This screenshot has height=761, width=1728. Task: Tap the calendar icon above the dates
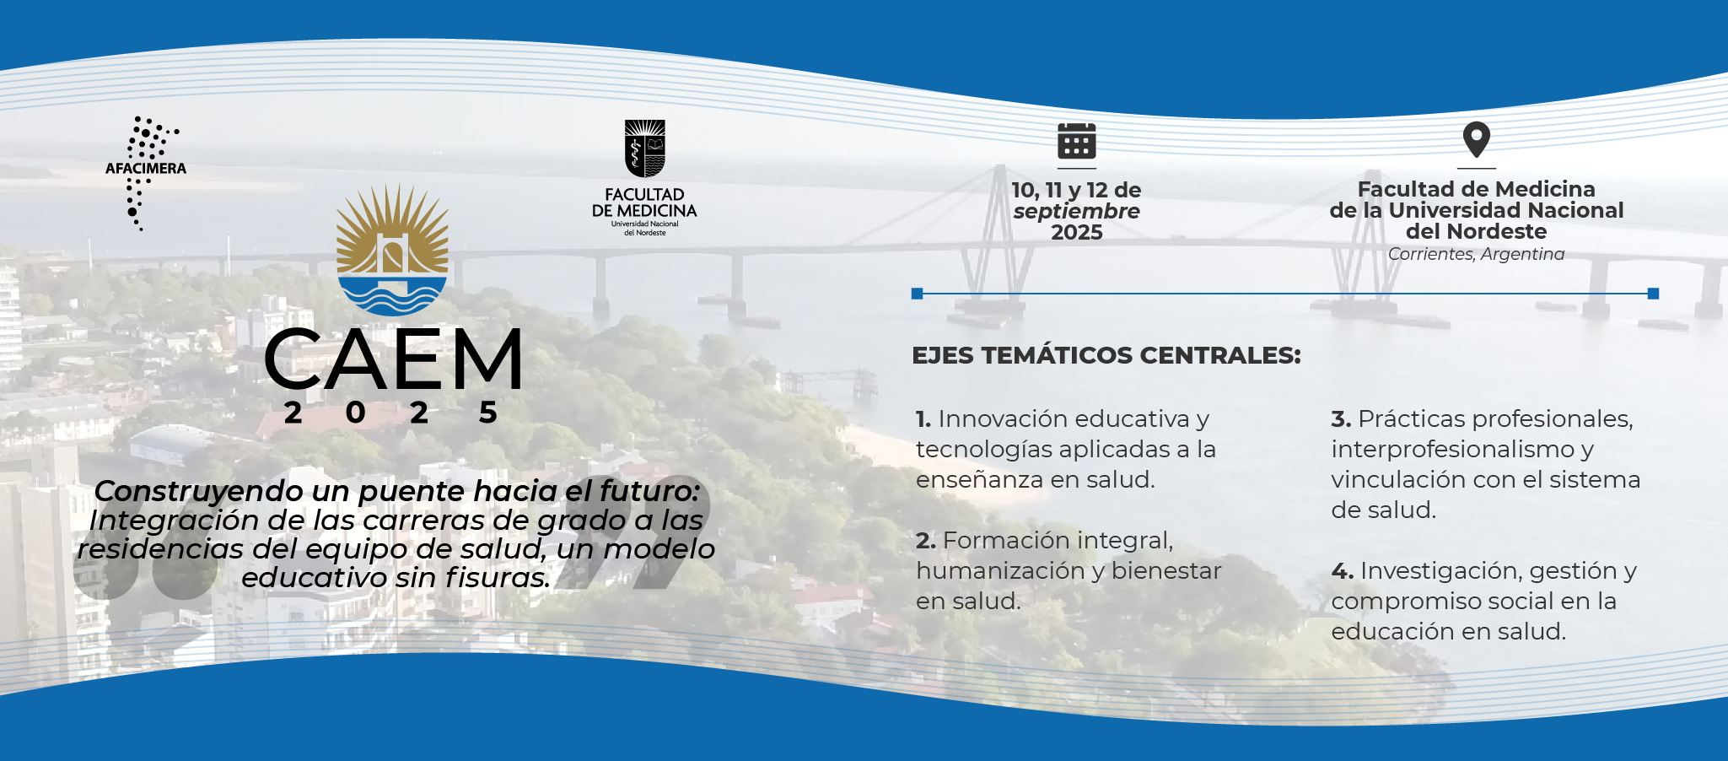[x=1077, y=140]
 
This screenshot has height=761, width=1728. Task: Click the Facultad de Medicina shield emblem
[x=645, y=148]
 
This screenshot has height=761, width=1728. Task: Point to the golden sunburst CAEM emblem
[x=392, y=250]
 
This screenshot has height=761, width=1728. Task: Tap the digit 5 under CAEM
[x=488, y=413]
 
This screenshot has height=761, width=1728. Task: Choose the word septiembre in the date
[x=1077, y=212]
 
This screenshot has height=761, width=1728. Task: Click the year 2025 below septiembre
[x=1077, y=233]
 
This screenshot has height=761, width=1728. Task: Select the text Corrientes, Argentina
[x=1476, y=254]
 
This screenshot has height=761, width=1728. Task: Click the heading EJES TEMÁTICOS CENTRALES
[x=1106, y=355]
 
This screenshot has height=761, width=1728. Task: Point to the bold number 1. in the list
[x=923, y=419]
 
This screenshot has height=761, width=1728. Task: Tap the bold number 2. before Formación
[x=926, y=541]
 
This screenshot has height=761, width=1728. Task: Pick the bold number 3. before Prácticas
[x=1342, y=419]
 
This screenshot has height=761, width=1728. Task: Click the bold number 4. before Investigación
[x=1343, y=571]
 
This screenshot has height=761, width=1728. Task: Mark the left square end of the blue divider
[x=918, y=294]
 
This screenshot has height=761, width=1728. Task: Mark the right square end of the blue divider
[x=1653, y=294]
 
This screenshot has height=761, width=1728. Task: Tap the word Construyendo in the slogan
[x=199, y=492]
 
